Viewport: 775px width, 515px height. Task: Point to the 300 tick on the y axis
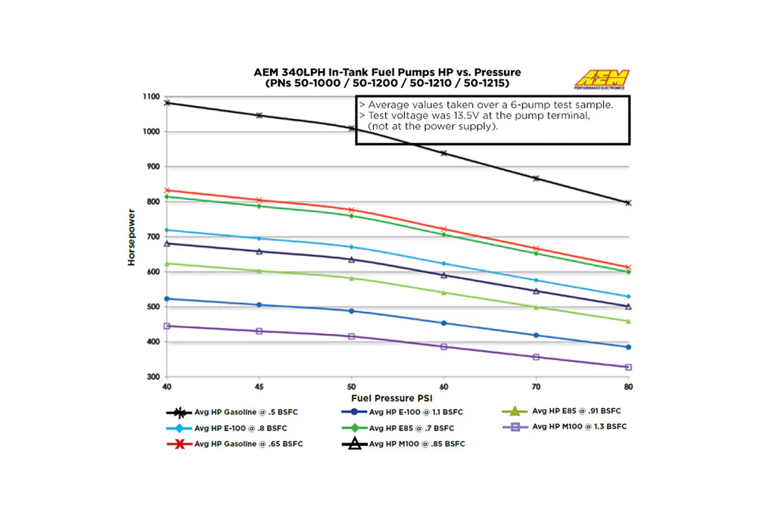pyautogui.click(x=153, y=376)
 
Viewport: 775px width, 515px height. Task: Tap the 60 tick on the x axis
pyautogui.click(x=444, y=386)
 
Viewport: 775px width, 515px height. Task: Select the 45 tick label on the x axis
pyautogui.click(x=260, y=386)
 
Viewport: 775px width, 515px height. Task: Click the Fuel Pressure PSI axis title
pyautogui.click(x=391, y=397)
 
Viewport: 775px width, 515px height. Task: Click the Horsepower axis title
pyautogui.click(x=132, y=238)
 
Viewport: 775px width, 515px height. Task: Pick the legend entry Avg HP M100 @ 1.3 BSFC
pyautogui.click(x=579, y=426)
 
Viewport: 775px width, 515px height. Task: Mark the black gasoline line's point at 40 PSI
pyautogui.click(x=167, y=102)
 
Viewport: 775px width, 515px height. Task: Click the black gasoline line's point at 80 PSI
pyautogui.click(x=628, y=203)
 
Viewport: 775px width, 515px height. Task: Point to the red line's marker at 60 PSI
pyautogui.click(x=444, y=229)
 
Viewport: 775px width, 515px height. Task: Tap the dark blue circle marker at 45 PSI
pyautogui.click(x=260, y=305)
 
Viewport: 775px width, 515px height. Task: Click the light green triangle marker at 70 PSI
pyautogui.click(x=537, y=307)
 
